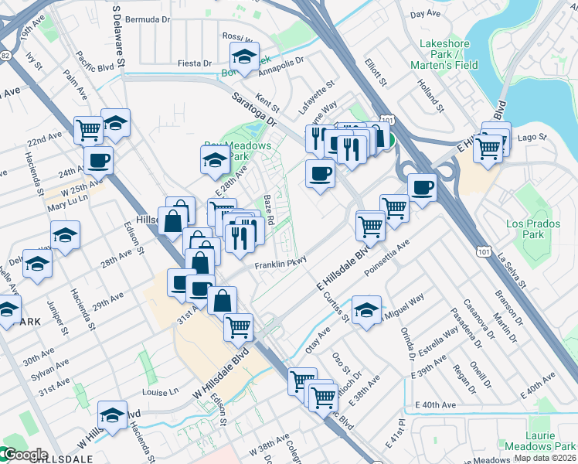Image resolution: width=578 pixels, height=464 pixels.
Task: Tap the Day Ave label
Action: click(426, 14)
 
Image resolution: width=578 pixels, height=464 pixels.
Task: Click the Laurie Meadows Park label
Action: click(541, 441)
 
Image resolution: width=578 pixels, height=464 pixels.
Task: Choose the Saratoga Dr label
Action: click(254, 109)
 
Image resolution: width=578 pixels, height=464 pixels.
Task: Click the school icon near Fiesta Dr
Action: click(244, 56)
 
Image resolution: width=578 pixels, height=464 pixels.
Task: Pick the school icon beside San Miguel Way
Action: click(366, 311)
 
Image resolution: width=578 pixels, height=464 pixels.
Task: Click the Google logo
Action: click(25, 455)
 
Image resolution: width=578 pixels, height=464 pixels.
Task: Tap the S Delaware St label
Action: click(120, 35)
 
